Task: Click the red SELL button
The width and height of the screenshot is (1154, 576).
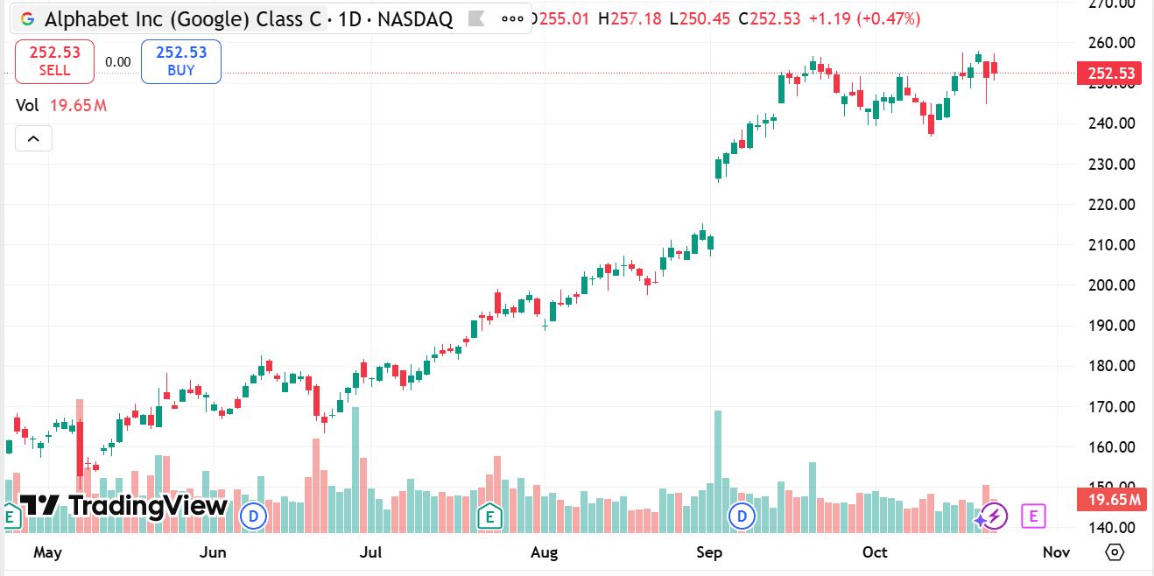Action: point(54,60)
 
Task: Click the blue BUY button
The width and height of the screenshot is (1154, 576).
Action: point(180,60)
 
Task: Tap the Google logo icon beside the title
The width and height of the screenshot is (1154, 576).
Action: point(27,19)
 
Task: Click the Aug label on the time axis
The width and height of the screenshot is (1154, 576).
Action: point(545,552)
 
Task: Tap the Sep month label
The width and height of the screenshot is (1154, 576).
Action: point(709,552)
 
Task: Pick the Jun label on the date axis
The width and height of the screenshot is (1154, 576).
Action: point(214,552)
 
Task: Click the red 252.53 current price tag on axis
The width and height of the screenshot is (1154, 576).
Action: point(1110,74)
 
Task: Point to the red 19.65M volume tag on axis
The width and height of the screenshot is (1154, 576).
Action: point(1110,500)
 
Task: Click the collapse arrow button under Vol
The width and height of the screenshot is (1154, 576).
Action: point(33,138)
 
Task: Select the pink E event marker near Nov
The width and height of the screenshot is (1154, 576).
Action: point(1033,516)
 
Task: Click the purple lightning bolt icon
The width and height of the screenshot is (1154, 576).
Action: point(993,516)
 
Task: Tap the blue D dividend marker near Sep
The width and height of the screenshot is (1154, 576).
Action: point(742,516)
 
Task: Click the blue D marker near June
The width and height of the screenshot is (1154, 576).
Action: point(254,516)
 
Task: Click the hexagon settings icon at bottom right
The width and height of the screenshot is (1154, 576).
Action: point(1115,552)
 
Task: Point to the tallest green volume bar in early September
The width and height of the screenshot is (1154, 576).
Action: point(718,473)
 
